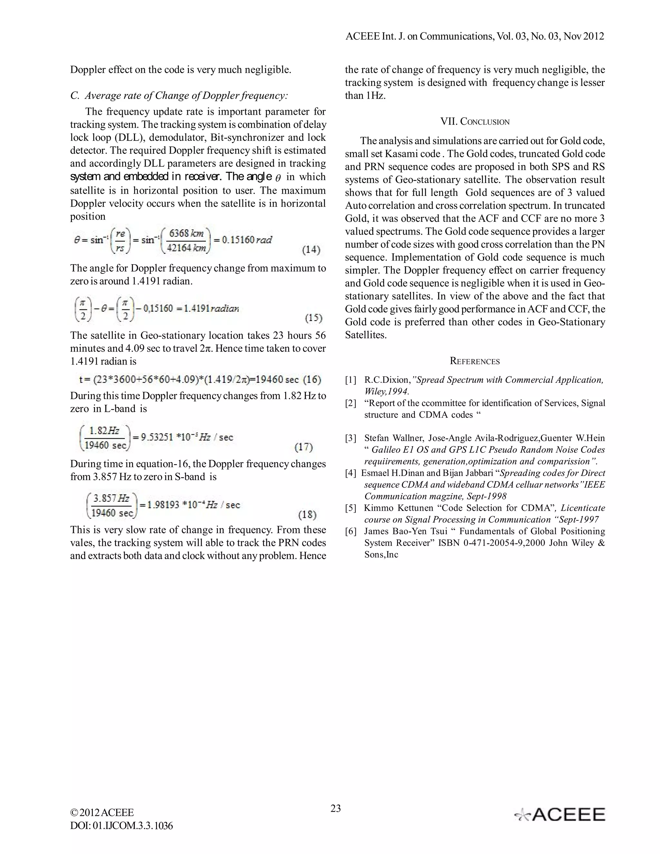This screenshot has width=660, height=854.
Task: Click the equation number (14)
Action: point(311,249)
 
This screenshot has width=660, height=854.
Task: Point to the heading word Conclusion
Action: point(485,122)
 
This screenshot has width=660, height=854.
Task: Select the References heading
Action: point(475,361)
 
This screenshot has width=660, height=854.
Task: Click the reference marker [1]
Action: point(351,380)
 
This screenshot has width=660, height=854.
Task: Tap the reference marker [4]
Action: point(351,473)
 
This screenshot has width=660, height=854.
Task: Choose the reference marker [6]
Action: point(351,531)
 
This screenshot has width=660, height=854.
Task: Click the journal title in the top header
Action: point(475,36)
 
